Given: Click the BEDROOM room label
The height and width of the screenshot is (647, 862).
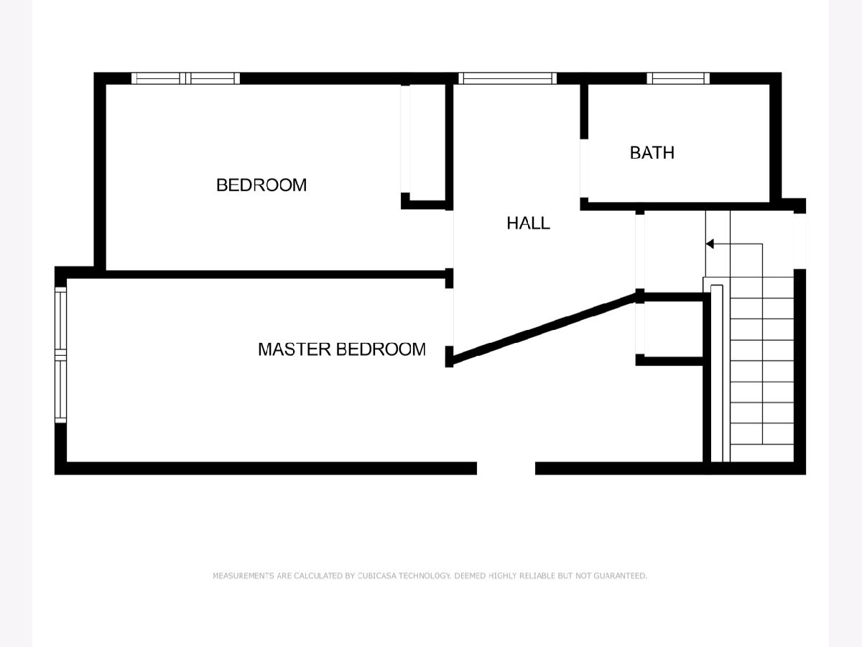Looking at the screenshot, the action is [x=261, y=185].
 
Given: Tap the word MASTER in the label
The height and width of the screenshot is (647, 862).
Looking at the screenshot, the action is [x=294, y=349].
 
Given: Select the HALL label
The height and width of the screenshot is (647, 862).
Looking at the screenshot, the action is [x=528, y=223].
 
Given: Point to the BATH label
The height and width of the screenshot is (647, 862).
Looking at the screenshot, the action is [x=652, y=153].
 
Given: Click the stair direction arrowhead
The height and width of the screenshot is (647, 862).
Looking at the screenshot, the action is [x=710, y=244].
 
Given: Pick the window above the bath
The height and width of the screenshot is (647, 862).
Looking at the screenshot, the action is [x=678, y=78].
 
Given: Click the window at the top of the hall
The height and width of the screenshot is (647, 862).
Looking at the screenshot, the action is [x=507, y=78].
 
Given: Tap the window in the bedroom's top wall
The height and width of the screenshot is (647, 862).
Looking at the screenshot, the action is [x=185, y=78].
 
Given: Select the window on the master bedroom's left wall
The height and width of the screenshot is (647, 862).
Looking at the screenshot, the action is [x=60, y=355].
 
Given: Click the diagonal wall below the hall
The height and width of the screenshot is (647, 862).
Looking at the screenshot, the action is [x=544, y=328].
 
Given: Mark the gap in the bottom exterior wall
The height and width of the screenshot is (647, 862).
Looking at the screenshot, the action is [x=506, y=468].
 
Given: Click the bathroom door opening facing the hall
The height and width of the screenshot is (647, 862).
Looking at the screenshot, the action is [x=584, y=168].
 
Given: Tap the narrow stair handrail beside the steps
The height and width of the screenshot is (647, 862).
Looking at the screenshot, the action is [x=717, y=373].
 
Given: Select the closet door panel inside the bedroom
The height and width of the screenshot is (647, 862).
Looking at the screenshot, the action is [x=405, y=139].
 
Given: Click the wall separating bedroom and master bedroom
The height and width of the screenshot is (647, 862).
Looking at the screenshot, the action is [x=275, y=274].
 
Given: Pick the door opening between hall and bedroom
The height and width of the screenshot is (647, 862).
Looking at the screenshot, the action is [x=450, y=239].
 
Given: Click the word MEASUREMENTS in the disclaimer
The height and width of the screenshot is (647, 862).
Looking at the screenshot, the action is [x=243, y=576].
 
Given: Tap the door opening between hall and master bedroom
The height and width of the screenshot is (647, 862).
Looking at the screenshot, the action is [x=450, y=317].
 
